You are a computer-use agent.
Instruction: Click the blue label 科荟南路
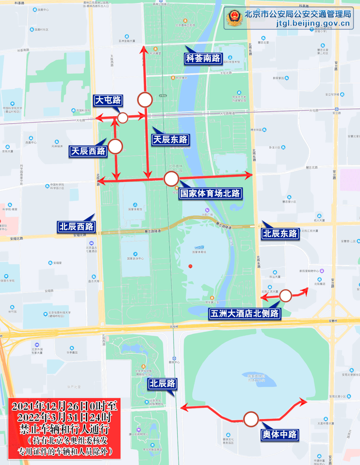[203, 58]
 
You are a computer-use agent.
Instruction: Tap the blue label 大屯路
[108, 100]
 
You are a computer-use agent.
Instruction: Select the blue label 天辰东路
[170, 139]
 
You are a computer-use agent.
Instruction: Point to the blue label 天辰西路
[88, 151]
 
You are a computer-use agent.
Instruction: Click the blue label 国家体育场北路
[210, 193]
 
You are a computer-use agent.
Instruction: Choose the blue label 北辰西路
[76, 227]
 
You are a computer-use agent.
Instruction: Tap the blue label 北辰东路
[280, 234]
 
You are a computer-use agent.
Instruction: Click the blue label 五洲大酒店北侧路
[245, 314]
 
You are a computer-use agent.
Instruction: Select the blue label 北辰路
[162, 384]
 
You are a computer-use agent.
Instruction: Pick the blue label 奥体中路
[279, 435]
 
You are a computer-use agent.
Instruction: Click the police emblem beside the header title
[235, 18]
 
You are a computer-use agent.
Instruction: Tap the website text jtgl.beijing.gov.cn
[313, 23]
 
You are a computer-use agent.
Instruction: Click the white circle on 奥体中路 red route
[251, 419]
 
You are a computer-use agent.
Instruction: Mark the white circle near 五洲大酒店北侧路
[285, 296]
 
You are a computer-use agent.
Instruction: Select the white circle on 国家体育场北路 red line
[171, 179]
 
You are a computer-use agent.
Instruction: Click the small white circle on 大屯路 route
[123, 118]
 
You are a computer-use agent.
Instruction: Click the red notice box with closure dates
[64, 429]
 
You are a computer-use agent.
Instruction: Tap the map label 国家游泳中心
[135, 258]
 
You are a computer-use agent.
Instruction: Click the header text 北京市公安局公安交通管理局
[298, 14]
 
